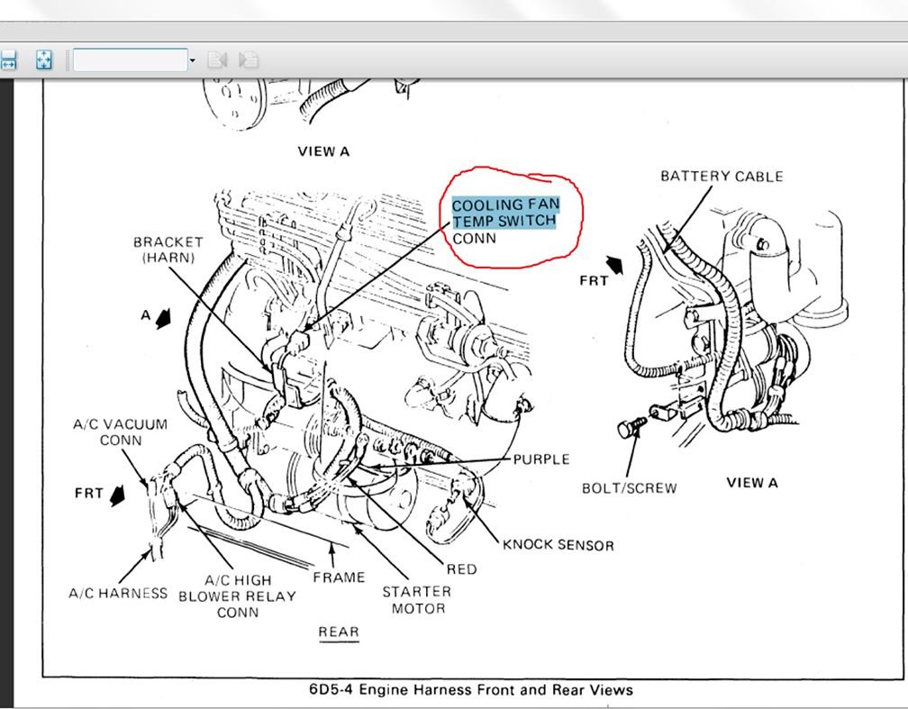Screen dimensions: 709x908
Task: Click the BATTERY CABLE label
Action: click(722, 176)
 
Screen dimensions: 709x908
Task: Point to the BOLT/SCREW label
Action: click(629, 488)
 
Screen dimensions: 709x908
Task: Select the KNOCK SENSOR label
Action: click(558, 545)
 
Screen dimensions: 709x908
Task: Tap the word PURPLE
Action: click(540, 459)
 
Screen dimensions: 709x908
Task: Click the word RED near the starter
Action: click(461, 569)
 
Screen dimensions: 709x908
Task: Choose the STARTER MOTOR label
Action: click(416, 600)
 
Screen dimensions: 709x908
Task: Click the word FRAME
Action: click(339, 577)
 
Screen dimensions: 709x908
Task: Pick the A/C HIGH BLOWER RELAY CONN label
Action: click(237, 596)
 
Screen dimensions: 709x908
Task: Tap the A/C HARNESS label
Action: click(118, 593)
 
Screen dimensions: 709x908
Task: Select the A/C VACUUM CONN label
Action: click(120, 432)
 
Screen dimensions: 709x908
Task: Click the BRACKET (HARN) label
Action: click(168, 250)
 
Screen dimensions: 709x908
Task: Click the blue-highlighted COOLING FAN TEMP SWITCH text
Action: click(504, 213)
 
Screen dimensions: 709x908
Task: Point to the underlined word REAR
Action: click(339, 632)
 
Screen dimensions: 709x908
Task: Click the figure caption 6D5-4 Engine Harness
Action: click(471, 690)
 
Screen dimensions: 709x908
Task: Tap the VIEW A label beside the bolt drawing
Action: click(751, 483)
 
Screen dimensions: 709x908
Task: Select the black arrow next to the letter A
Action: click(163, 318)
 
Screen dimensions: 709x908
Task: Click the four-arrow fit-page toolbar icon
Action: click(43, 60)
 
